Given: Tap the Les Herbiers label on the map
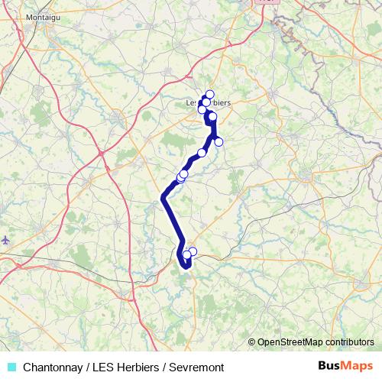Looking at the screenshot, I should (x=208, y=103).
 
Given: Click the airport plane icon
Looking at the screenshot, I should (x=6, y=240).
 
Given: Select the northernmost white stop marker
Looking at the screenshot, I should (x=209, y=95).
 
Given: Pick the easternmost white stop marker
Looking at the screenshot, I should (x=219, y=141).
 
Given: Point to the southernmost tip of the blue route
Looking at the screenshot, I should (x=186, y=267).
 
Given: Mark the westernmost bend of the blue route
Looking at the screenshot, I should (x=163, y=199).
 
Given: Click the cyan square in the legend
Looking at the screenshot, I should (x=11, y=366).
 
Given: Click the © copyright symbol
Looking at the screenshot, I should (x=252, y=342).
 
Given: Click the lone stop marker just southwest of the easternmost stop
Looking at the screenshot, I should (x=202, y=153).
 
